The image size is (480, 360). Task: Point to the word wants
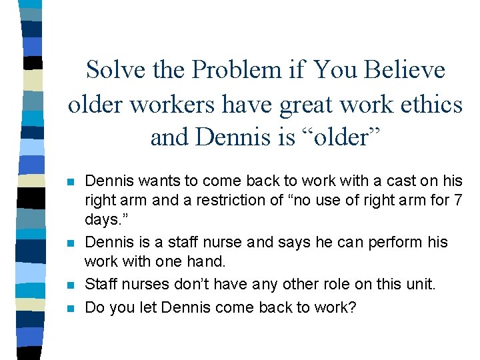click(x=153, y=181)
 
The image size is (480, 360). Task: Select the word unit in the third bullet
click(x=419, y=284)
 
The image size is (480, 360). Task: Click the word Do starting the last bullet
click(x=95, y=308)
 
